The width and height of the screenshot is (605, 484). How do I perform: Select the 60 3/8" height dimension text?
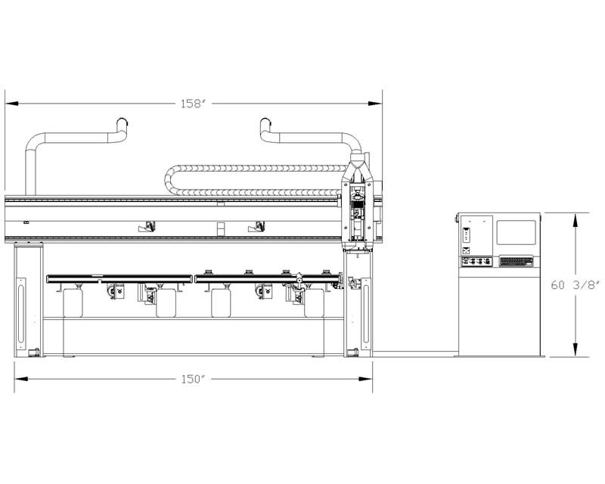click(x=576, y=285)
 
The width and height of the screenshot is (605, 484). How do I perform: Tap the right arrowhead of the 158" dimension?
click(x=375, y=104)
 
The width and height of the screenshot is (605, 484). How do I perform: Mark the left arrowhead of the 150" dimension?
click(x=22, y=379)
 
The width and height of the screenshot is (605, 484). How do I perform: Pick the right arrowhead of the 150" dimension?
click(x=365, y=379)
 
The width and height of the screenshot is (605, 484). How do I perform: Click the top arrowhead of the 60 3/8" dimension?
click(x=575, y=220)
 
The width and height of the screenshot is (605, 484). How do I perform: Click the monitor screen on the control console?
click(x=516, y=232)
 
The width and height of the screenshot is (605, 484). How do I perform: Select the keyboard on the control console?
click(x=516, y=262)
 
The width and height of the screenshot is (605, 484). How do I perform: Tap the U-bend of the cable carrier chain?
click(x=169, y=180)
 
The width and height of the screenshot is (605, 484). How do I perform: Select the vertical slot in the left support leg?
click(x=21, y=310)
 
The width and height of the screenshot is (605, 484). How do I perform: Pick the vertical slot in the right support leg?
click(x=366, y=310)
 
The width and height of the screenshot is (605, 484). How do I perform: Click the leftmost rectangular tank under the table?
click(x=73, y=303)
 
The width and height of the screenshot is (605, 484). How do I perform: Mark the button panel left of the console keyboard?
click(x=477, y=262)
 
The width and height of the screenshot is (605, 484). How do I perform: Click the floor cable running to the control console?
click(x=414, y=352)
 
